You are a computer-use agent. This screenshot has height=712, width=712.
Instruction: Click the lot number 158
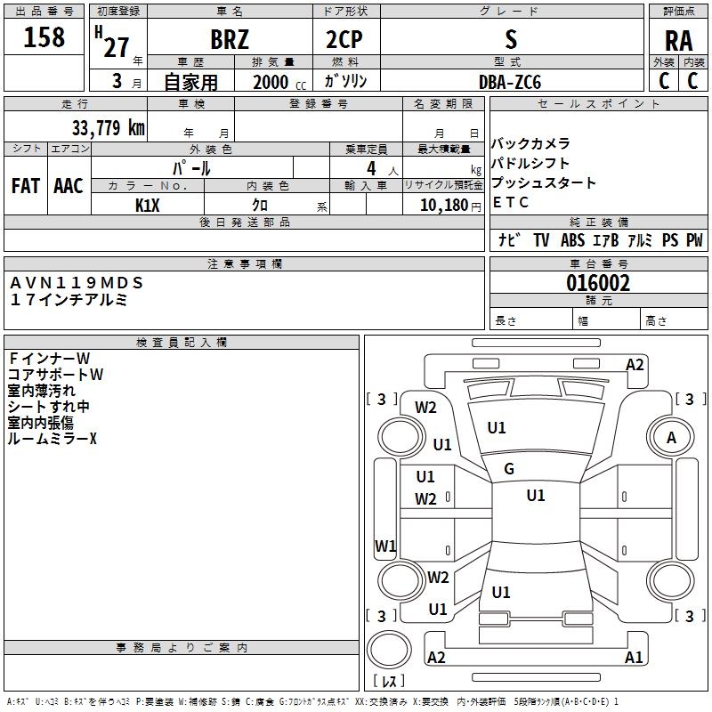(x=44, y=38)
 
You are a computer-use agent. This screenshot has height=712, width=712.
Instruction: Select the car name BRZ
(x=229, y=40)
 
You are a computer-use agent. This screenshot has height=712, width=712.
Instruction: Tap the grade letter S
(x=510, y=39)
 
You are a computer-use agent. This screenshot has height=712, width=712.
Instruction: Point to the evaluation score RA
(x=678, y=40)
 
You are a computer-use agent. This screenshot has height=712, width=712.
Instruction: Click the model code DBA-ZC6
(x=510, y=81)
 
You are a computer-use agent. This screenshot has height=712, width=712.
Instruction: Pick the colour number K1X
(x=148, y=205)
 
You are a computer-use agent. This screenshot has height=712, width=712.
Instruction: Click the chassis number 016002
(x=598, y=283)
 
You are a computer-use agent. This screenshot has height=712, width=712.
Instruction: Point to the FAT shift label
(x=26, y=186)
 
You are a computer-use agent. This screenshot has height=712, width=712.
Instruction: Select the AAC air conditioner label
(x=69, y=186)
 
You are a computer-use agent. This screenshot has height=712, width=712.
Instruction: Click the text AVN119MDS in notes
(x=76, y=283)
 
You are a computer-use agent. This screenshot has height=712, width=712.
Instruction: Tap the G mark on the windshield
(x=509, y=469)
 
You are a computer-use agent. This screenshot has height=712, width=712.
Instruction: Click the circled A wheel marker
(x=672, y=437)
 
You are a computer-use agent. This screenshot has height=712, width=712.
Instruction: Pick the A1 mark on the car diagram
(x=634, y=658)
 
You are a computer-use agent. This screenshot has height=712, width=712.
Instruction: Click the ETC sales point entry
(x=511, y=202)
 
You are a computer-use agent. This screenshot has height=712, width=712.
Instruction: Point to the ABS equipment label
(x=572, y=240)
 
